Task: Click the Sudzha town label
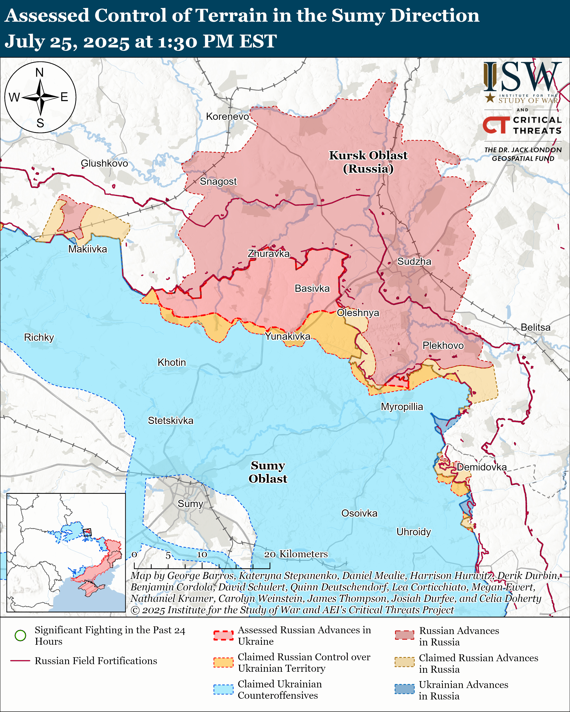(x=414, y=262)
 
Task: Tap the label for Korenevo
(x=227, y=116)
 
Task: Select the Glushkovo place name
(x=104, y=163)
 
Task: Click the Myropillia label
(x=402, y=407)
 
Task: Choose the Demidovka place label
(x=481, y=467)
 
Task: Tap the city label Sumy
(x=190, y=504)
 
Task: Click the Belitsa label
(x=535, y=327)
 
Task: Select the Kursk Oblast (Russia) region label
(x=368, y=162)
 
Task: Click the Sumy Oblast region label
(x=268, y=472)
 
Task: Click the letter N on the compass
(x=40, y=72)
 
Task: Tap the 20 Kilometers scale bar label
(x=296, y=554)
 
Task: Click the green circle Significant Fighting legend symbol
(x=21, y=635)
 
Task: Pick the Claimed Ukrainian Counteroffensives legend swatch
(x=223, y=690)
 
